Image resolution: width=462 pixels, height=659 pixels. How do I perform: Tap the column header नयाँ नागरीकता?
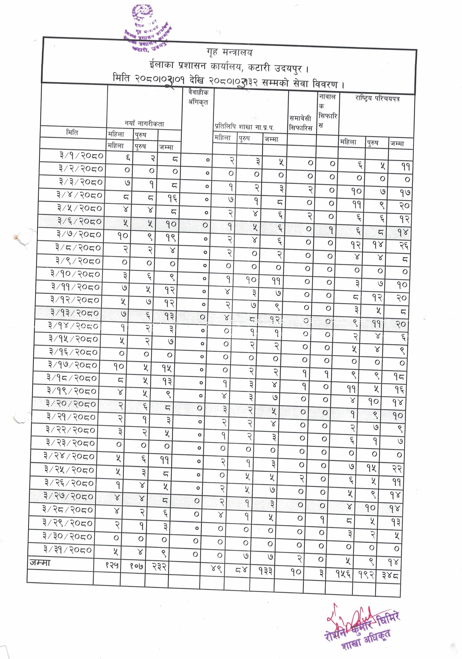[x=144, y=124]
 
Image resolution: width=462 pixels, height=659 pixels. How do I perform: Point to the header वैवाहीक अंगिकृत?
[x=198, y=97]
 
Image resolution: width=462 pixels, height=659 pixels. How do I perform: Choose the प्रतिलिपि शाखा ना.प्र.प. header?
[x=244, y=127]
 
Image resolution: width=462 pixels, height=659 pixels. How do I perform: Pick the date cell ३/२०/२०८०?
[x=71, y=404]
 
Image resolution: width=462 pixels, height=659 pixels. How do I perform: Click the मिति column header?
[x=72, y=133]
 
